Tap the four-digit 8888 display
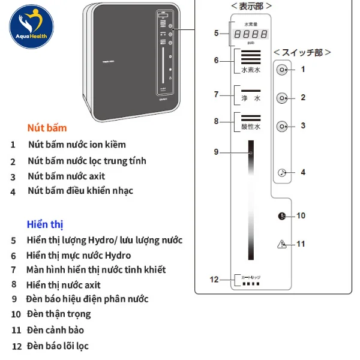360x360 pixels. click(251, 34)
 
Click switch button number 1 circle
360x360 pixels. click(282, 70)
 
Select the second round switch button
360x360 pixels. click(282, 98)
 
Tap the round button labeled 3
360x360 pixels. click(282, 126)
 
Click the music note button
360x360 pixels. click(282, 172)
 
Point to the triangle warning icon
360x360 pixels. click(282, 244)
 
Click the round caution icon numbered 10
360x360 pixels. click(282, 216)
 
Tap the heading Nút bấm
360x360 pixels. click(47, 128)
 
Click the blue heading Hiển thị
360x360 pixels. click(45, 224)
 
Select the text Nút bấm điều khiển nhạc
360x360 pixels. click(80, 191)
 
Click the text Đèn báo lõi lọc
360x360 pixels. click(58, 346)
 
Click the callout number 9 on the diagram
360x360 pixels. click(216, 152)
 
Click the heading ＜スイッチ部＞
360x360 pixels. click(302, 52)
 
